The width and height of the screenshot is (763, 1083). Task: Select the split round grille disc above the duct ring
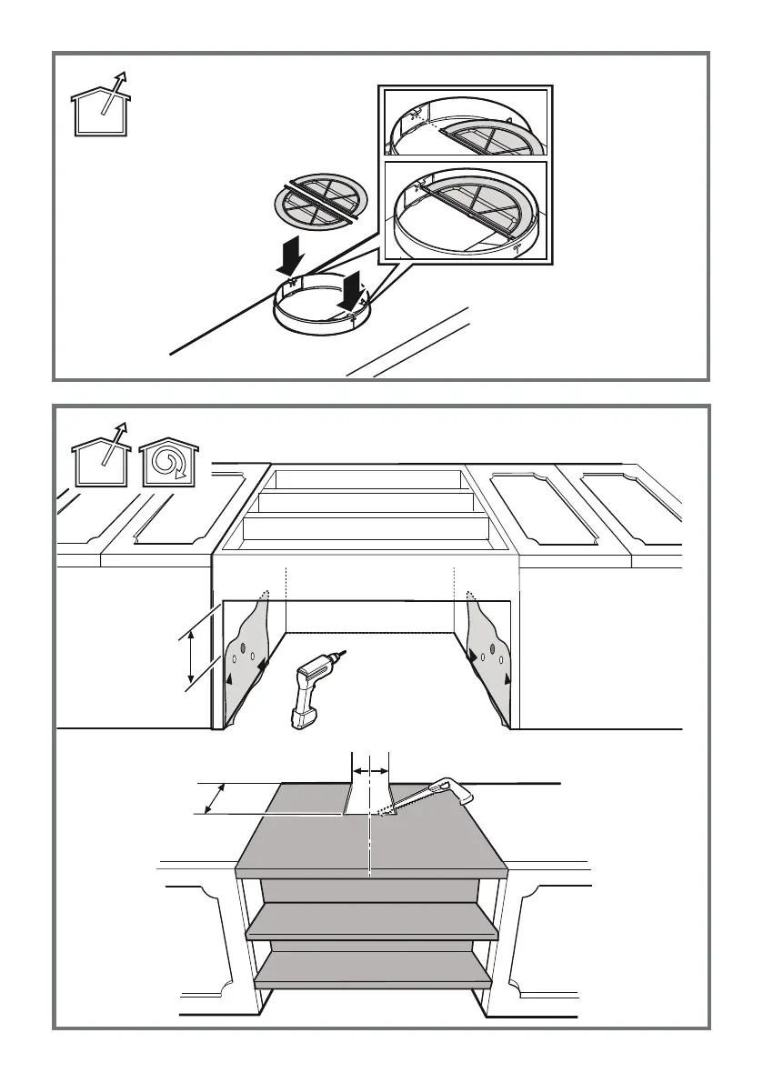pos(320,203)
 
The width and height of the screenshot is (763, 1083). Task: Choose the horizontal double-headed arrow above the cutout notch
pos(370,770)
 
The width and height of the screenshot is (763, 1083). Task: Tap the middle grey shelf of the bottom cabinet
pos(373,921)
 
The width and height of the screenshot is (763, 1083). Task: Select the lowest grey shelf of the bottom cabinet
pos(373,970)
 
